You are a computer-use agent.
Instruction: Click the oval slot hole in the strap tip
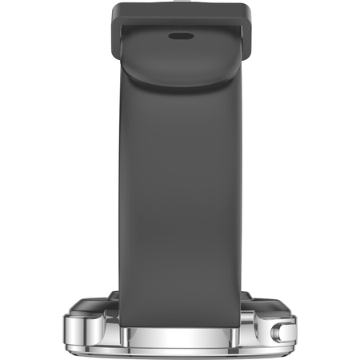click(x=181, y=35)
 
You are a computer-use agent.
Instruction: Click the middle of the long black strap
click(x=181, y=184)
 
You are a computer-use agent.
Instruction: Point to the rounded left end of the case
click(x=68, y=330)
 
